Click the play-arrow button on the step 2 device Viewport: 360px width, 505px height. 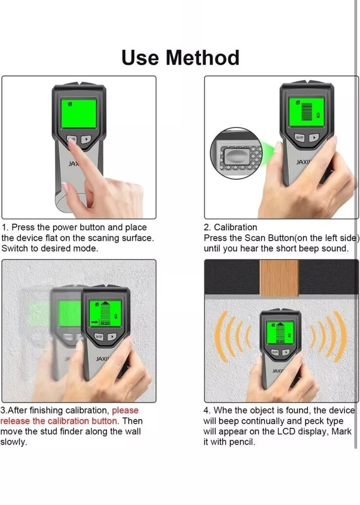(314, 137)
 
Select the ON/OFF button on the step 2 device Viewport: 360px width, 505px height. (299, 137)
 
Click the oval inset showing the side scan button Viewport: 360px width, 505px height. (236, 154)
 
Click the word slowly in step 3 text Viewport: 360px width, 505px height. (13, 442)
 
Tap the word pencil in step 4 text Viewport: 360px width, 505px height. (242, 442)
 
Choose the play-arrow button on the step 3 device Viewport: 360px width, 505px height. (112, 336)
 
